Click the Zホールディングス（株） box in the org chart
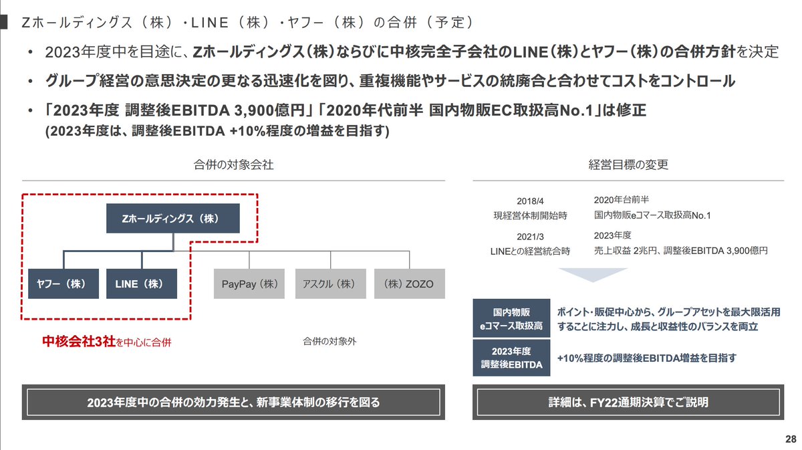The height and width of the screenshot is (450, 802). tap(172, 219)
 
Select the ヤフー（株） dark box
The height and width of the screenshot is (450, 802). tap(63, 284)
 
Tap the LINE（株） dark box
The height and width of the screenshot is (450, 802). tap(142, 284)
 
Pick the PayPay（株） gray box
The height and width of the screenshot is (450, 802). tap(249, 284)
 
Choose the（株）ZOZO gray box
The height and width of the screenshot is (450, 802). tap(405, 284)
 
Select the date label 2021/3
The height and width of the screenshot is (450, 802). tap(529, 237)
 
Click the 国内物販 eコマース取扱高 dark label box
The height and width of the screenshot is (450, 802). tap(509, 319)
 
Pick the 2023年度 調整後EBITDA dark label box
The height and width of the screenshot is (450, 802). tap(509, 358)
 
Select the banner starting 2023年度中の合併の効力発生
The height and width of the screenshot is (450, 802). tap(233, 402)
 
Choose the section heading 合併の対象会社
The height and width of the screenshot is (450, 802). tap(233, 164)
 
